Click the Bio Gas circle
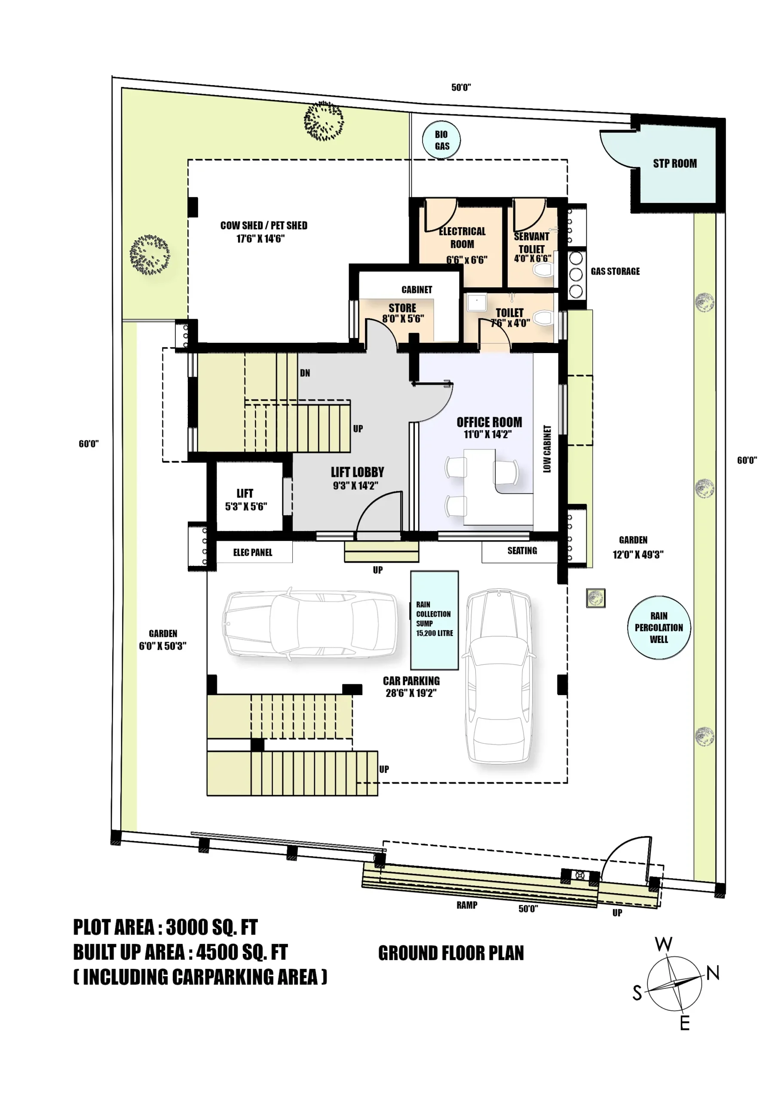pos(441,140)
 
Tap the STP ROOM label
pos(674,163)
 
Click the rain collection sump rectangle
pos(434,620)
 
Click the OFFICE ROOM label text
pos(489,422)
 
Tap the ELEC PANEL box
pos(254,552)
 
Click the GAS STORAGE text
pos(615,271)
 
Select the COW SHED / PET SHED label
pos(263,225)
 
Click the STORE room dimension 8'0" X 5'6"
pos(403,318)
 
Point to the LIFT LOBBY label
pos(357,472)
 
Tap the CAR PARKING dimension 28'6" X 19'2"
pos(411,693)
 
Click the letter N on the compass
pos(713,973)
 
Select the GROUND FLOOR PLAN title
pos(451,953)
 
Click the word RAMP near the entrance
pos(466,905)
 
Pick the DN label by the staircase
pos(305,373)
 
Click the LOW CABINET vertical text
pos(547,449)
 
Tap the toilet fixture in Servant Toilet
pos(543,271)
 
